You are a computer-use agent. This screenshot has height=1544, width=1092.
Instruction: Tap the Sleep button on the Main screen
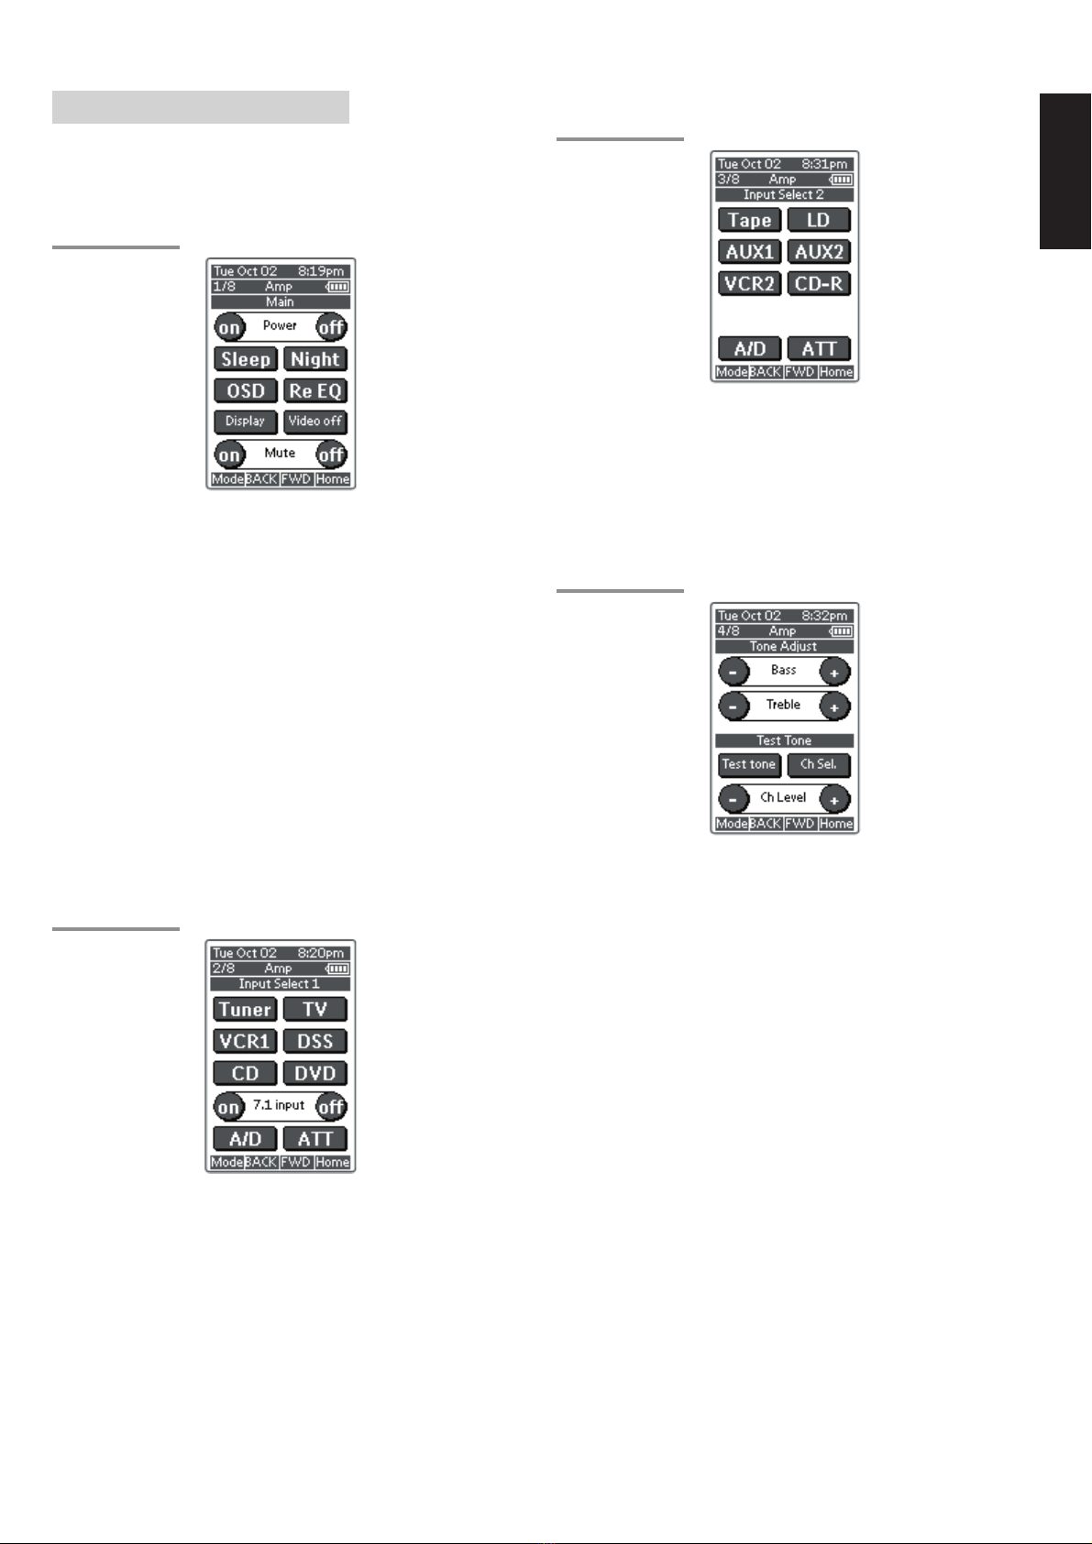(246, 359)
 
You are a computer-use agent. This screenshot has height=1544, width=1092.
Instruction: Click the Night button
(315, 359)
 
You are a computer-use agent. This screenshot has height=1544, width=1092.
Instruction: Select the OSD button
(246, 391)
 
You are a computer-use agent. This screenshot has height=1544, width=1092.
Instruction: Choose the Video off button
(315, 422)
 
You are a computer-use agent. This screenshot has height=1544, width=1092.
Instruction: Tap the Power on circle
(229, 327)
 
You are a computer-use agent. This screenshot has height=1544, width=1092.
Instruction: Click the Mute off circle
(331, 454)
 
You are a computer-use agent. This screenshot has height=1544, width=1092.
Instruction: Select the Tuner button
(246, 1010)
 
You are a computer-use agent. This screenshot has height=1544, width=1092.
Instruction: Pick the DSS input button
(315, 1042)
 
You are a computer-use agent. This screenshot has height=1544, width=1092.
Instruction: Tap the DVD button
(315, 1073)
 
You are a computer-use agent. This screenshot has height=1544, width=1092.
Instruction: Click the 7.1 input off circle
(331, 1107)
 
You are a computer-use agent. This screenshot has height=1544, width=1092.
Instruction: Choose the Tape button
(750, 220)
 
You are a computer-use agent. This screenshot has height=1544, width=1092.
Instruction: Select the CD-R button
(819, 284)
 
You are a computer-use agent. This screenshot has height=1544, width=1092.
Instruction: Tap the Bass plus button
(834, 673)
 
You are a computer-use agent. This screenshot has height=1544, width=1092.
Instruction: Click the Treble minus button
(734, 706)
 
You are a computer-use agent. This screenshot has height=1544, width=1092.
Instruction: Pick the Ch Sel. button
(819, 764)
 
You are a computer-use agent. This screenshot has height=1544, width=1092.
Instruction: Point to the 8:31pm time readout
(824, 164)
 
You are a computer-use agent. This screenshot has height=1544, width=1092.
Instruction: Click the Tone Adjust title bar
(784, 646)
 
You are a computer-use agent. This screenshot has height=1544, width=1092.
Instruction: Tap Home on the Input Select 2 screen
(836, 372)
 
